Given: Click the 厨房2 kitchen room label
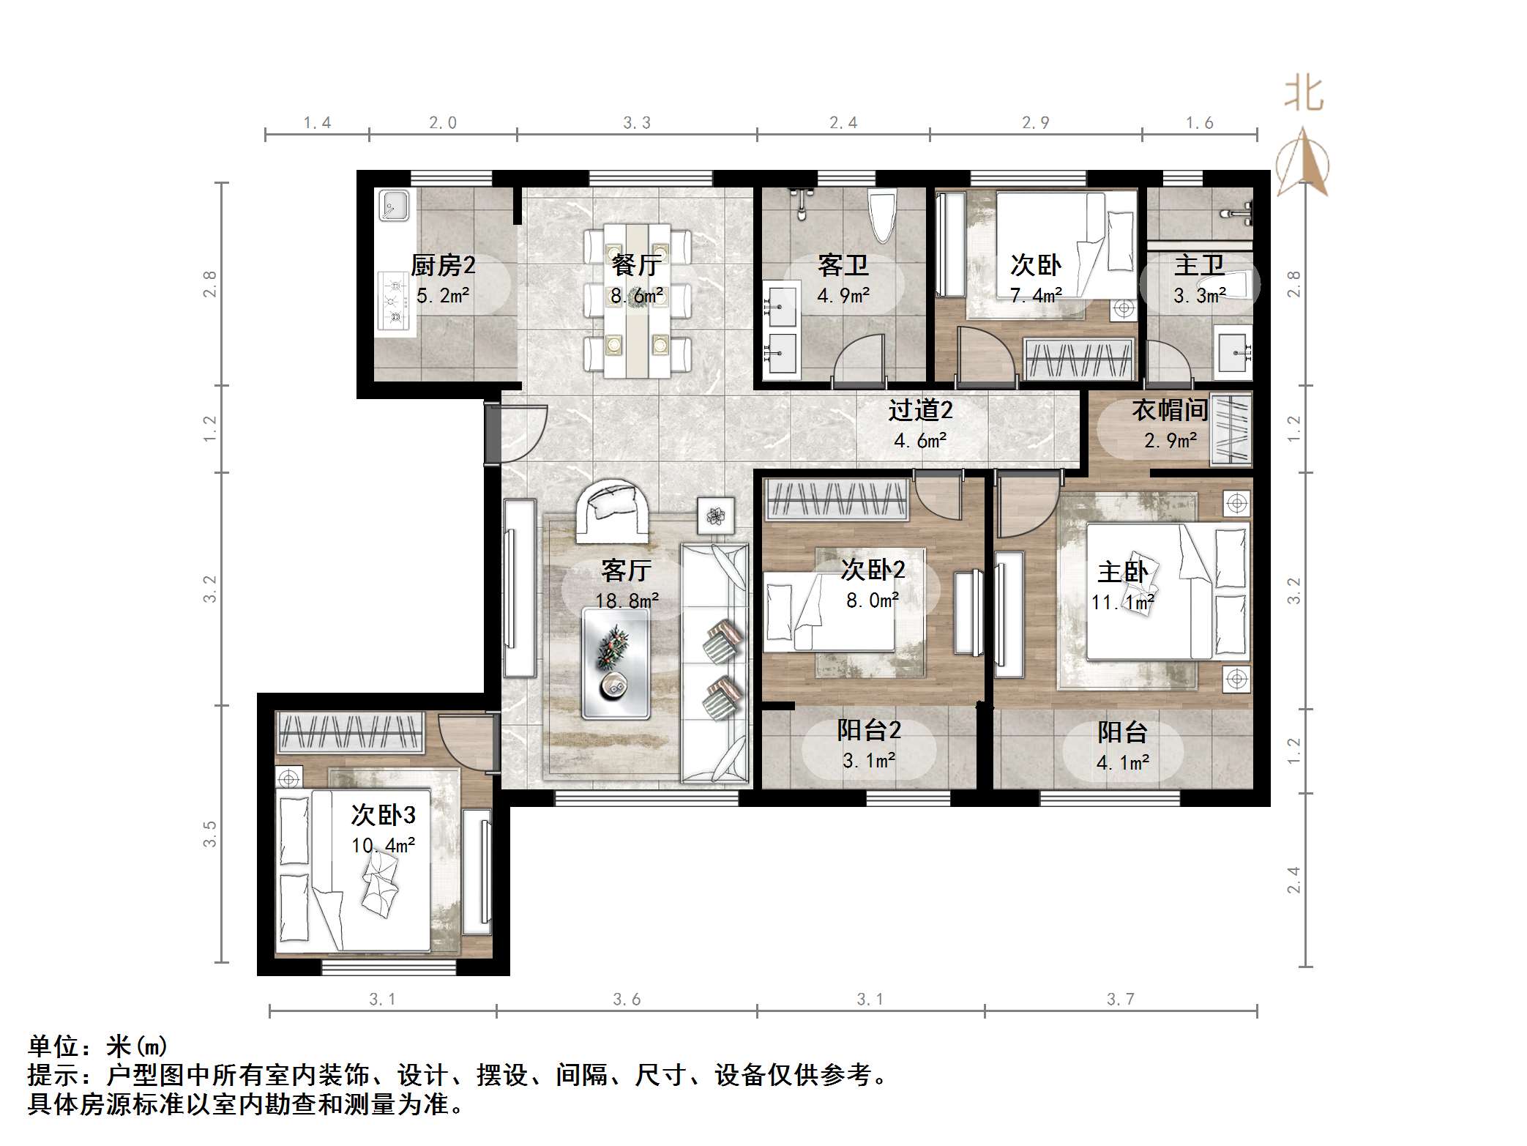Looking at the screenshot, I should coord(443,265).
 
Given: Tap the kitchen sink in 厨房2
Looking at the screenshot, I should coord(394,205).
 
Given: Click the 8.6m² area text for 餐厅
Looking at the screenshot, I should coord(637,296).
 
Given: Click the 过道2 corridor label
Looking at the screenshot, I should coord(920,410).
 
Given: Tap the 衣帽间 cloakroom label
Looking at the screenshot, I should coord(1170,410).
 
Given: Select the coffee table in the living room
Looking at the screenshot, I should coord(615,663).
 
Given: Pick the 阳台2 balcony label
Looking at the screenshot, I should coord(869,730).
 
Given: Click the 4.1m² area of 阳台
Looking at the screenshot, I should coord(1122,762).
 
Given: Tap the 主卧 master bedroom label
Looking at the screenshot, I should coord(1122,572).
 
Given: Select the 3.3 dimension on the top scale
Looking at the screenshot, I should coord(636,123).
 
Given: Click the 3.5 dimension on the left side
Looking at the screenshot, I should coord(210,834).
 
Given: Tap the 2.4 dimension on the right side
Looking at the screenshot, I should coord(1293,879).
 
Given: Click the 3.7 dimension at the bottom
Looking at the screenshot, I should coord(1120,1000).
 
